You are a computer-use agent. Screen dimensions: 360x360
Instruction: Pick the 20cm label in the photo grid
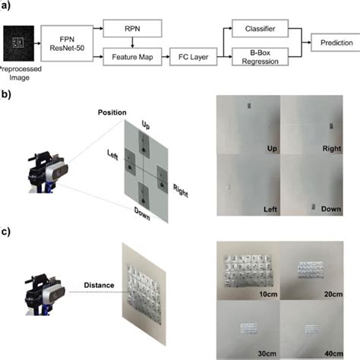329,293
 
